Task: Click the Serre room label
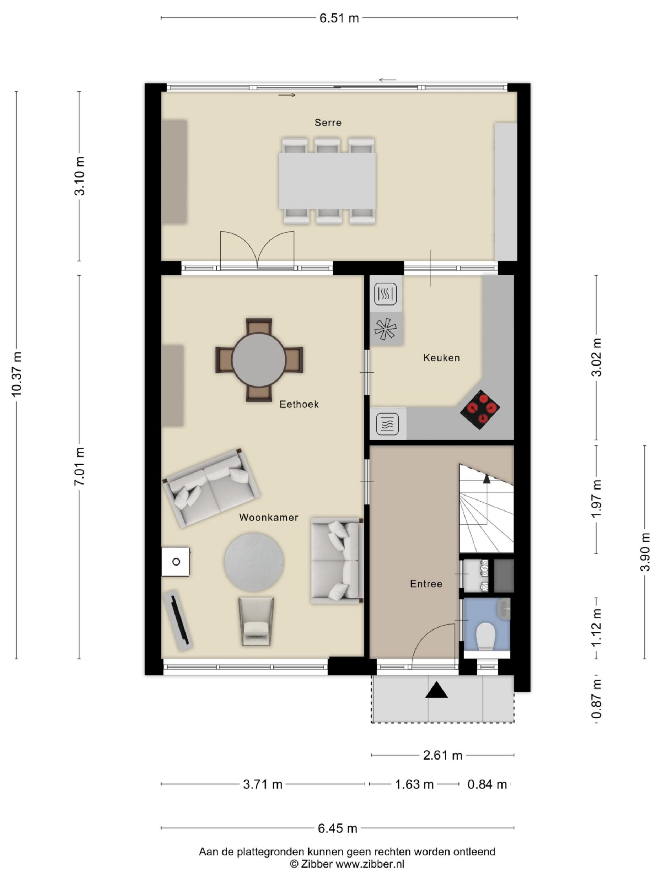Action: coord(328,123)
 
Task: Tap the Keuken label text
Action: coord(441,358)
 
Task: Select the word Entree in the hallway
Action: coord(426,584)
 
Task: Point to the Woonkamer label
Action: coord(268,517)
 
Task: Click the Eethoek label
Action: coord(299,404)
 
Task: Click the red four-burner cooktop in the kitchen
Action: coord(480,410)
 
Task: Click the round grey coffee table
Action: coord(254,562)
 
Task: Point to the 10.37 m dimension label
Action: coord(16,374)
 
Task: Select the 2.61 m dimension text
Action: coord(442,755)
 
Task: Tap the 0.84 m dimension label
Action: coord(487,784)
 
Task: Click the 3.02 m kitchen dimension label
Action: coord(596,357)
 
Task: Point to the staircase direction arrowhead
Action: coord(487,479)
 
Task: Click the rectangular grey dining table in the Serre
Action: coord(327,181)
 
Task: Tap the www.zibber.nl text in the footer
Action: coord(369,864)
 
